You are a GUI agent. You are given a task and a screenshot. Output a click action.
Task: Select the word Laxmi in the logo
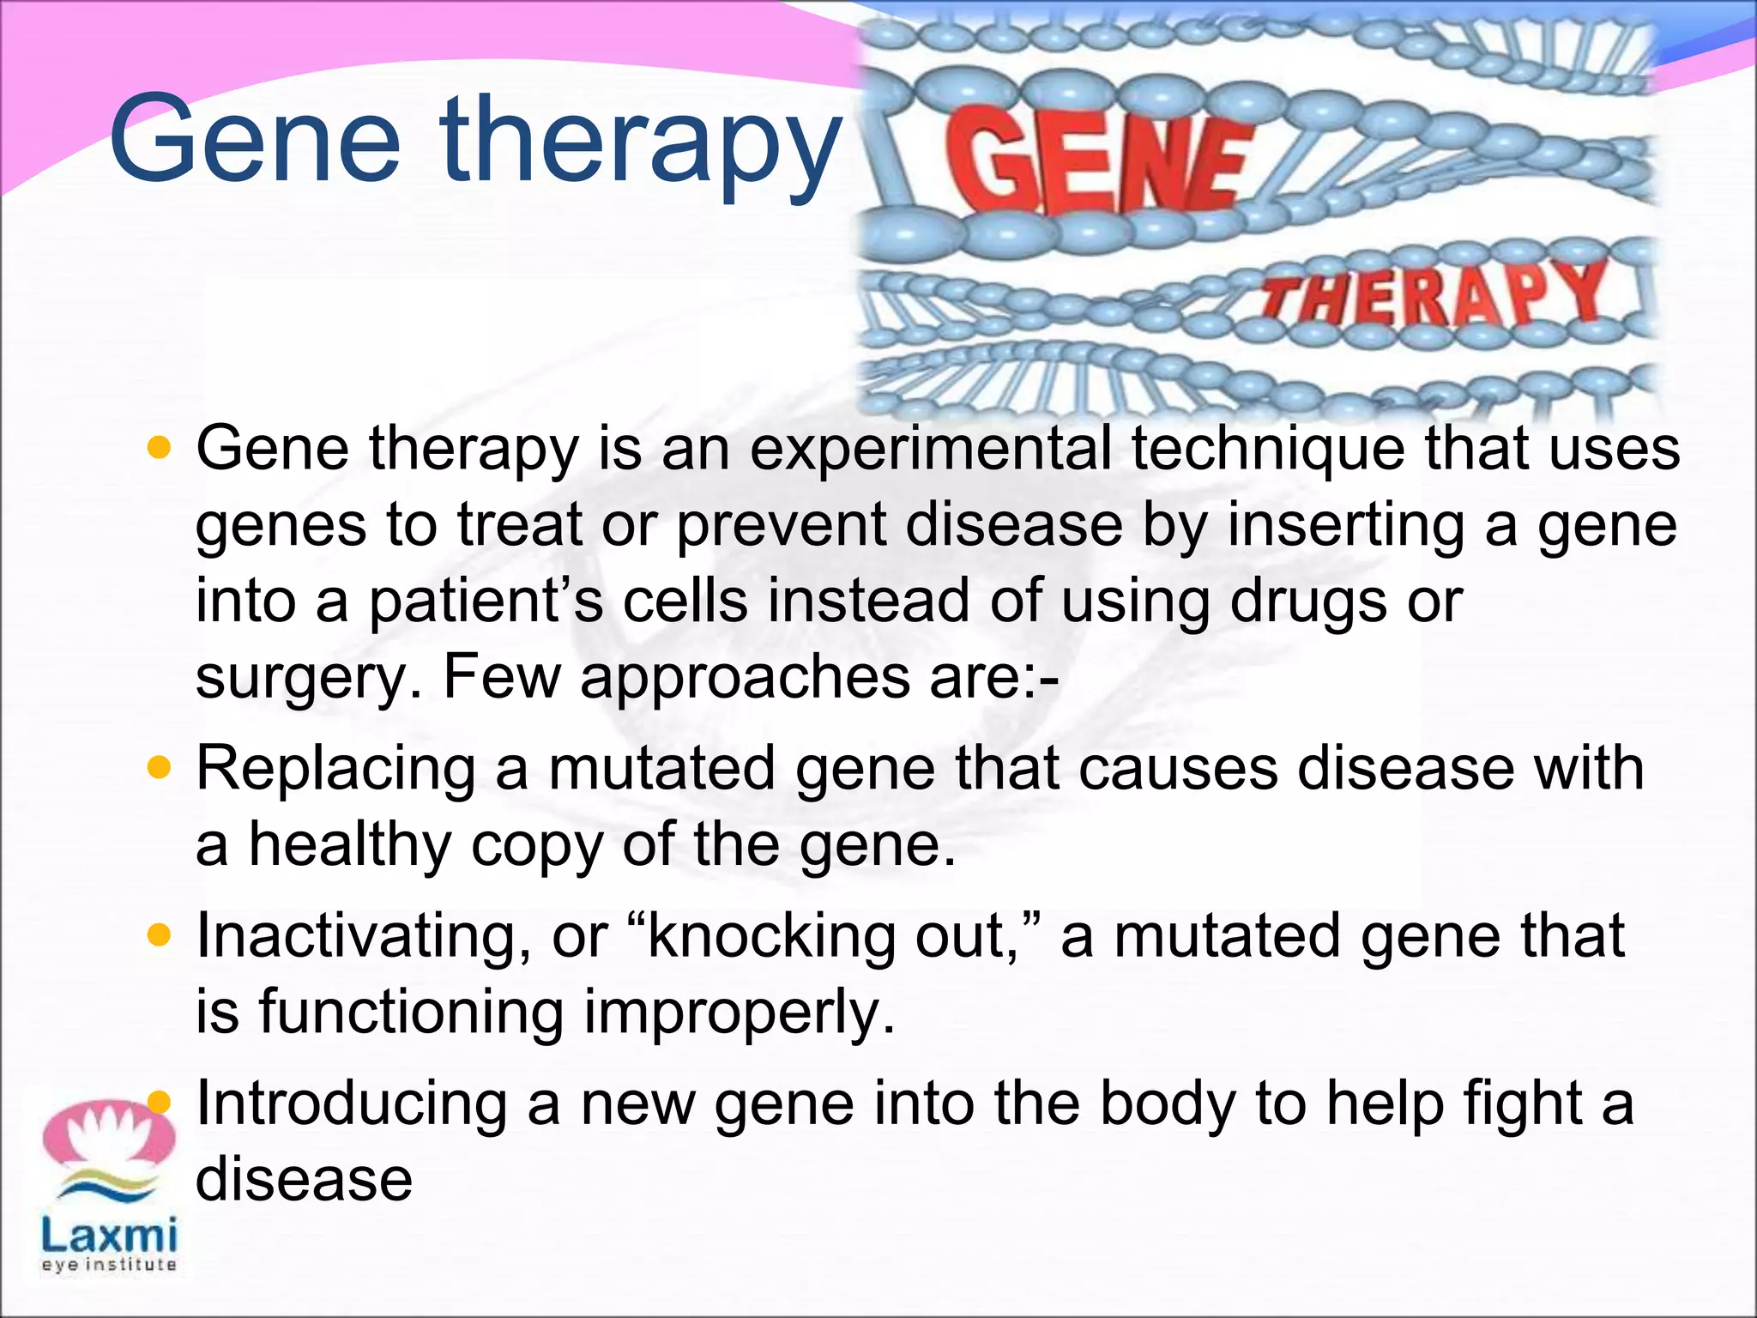[x=109, y=1236]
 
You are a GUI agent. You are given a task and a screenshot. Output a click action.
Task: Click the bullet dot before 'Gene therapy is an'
[x=160, y=447]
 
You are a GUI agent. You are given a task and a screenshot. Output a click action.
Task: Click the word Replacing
[x=335, y=768]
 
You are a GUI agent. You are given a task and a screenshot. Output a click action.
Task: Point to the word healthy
[x=349, y=844]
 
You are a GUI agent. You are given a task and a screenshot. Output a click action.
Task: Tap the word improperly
[x=739, y=1013]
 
